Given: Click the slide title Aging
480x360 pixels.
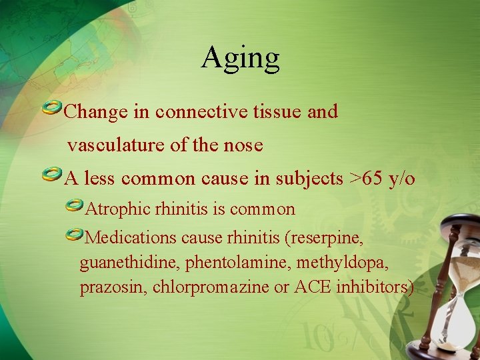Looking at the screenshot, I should point(240,57).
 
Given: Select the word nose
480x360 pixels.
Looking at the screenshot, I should point(244,145).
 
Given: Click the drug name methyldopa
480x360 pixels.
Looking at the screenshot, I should point(348,263).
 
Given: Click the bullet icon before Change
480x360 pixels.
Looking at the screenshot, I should point(52,108).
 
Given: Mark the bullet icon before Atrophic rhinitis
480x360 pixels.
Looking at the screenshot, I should point(75,206).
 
